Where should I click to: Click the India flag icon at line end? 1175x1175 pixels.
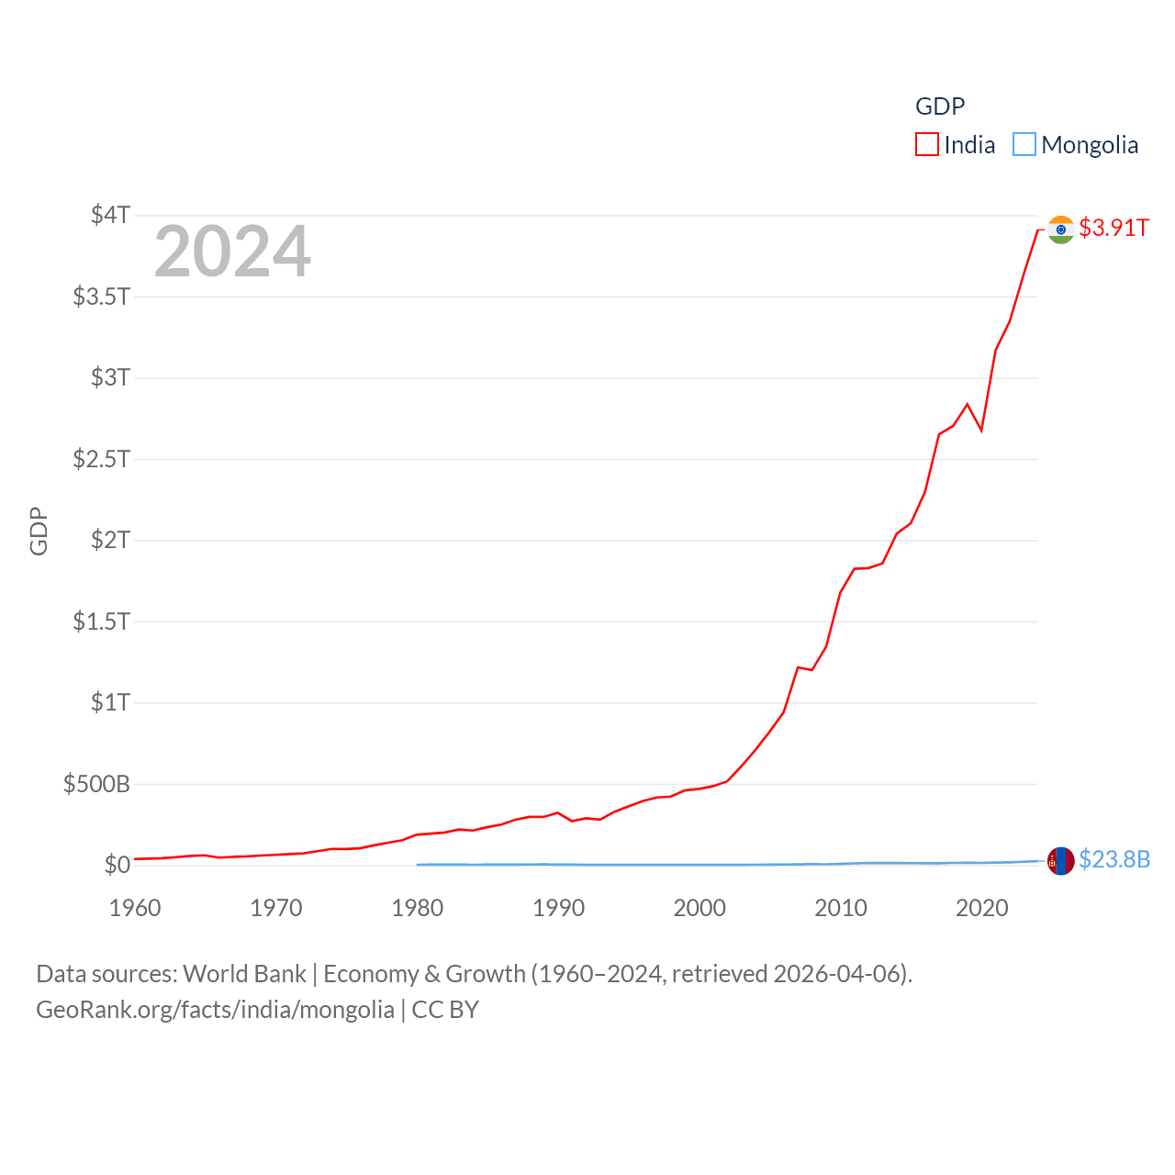pyautogui.click(x=1060, y=229)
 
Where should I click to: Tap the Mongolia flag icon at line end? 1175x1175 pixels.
pyautogui.click(x=1060, y=861)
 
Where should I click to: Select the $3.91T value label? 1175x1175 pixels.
pyautogui.click(x=1113, y=228)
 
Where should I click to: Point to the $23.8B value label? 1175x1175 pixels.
pyautogui.click(x=1114, y=859)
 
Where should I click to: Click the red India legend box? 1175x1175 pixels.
pyautogui.click(x=927, y=145)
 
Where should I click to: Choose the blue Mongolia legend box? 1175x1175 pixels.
pyautogui.click(x=1024, y=145)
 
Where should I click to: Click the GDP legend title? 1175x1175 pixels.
pyautogui.click(x=940, y=106)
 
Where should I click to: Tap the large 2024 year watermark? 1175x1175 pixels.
pyautogui.click(x=232, y=252)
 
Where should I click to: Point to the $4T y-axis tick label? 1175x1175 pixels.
pyautogui.click(x=110, y=215)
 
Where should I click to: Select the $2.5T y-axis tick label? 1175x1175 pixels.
pyautogui.click(x=101, y=458)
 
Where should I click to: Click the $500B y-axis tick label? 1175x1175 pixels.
pyautogui.click(x=96, y=784)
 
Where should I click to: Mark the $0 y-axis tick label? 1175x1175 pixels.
pyautogui.click(x=117, y=865)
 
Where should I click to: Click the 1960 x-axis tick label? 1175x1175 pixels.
pyautogui.click(x=135, y=908)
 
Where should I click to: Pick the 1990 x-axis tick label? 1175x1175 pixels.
pyautogui.click(x=558, y=908)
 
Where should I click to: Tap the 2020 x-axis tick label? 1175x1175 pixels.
pyautogui.click(x=981, y=908)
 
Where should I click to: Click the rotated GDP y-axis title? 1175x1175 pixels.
pyautogui.click(x=39, y=531)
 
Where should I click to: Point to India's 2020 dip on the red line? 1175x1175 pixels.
pyautogui.click(x=981, y=430)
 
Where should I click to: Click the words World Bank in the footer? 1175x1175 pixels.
pyautogui.click(x=244, y=973)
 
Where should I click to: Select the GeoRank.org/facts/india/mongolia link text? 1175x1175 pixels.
pyautogui.click(x=215, y=1010)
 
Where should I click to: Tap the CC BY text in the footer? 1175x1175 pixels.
pyautogui.click(x=445, y=1010)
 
